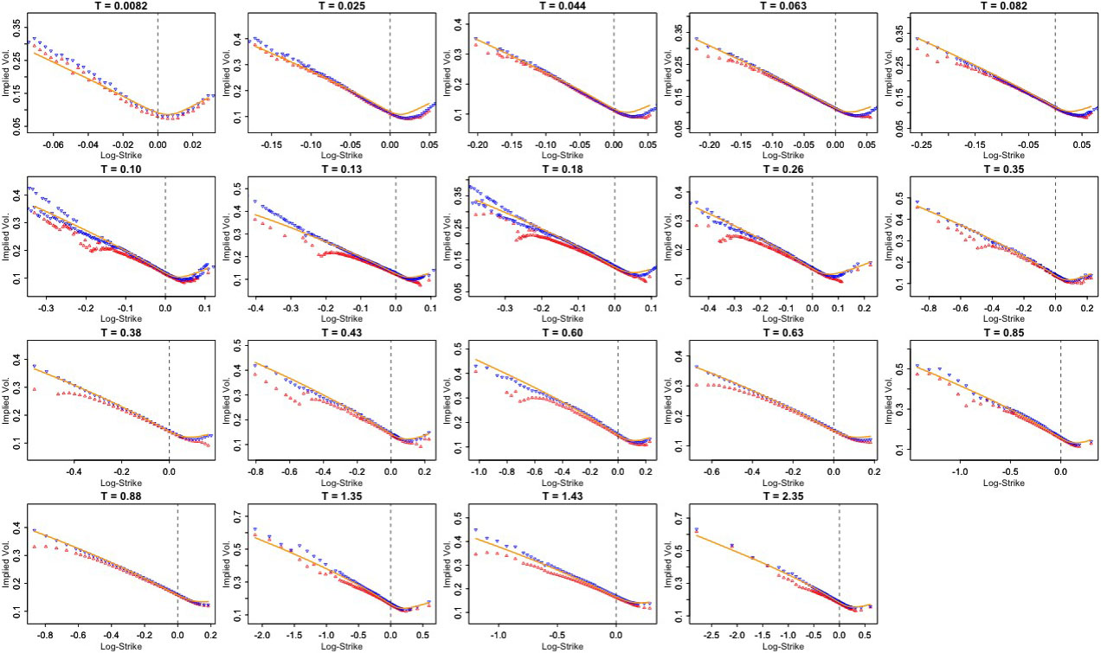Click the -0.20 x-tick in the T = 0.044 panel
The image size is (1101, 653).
point(477,147)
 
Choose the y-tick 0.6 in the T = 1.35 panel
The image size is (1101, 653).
point(232,542)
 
